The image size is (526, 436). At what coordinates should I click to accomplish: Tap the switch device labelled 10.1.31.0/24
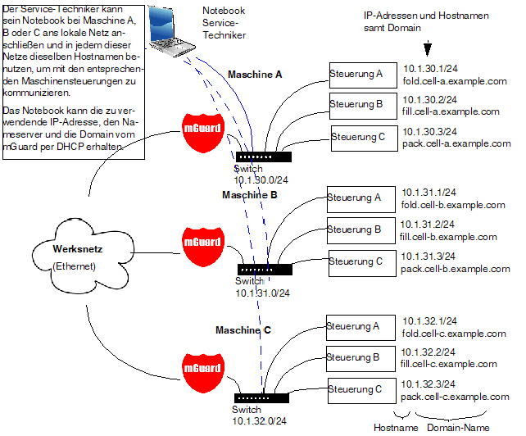click(263, 269)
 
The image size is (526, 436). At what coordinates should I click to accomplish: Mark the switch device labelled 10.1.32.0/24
click(261, 397)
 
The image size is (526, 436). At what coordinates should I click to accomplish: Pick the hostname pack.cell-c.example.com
click(456, 397)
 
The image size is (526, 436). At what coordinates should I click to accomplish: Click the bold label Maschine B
click(250, 196)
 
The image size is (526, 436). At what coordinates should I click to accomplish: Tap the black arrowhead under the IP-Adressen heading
click(427, 48)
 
